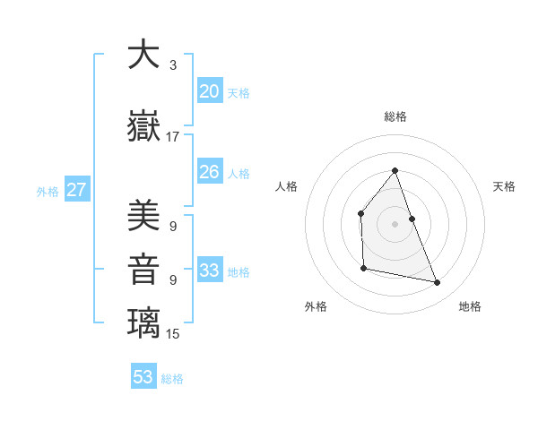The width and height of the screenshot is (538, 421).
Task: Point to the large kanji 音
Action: click(143, 270)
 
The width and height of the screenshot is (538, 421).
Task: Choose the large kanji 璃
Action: click(143, 323)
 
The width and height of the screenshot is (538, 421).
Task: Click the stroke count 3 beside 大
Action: click(172, 65)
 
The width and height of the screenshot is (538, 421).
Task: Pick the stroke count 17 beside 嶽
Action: click(173, 137)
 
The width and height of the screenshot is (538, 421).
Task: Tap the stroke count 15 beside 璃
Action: click(173, 334)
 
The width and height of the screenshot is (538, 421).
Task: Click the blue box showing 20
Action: click(209, 90)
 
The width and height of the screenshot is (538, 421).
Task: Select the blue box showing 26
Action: click(209, 171)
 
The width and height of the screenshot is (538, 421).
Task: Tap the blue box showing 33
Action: click(209, 270)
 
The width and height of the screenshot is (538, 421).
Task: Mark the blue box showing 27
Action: click(76, 189)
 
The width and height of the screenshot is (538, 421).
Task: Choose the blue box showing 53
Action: click(143, 377)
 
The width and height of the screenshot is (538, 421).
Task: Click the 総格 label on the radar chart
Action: click(395, 116)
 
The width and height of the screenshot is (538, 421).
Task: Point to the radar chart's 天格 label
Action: click(505, 186)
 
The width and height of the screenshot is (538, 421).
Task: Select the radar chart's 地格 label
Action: click(470, 306)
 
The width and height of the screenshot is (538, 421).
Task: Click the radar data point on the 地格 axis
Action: click(438, 283)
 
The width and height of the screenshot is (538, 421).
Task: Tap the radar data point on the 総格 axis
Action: click(395, 170)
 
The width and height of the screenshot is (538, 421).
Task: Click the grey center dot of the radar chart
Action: click(395, 224)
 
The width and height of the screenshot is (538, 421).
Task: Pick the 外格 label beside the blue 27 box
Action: click(48, 191)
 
